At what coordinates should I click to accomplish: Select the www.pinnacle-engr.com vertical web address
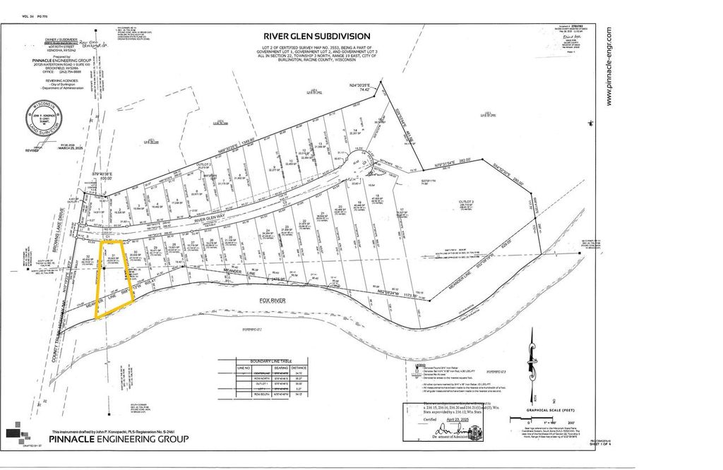609,67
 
